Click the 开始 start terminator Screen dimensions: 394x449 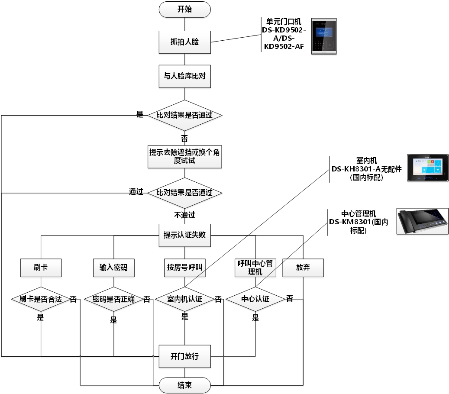[x=184, y=9]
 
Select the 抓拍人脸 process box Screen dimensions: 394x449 [x=184, y=42]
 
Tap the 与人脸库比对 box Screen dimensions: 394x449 [x=184, y=76]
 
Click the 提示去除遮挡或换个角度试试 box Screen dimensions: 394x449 [x=184, y=156]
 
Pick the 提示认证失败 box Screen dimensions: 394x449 [x=184, y=236]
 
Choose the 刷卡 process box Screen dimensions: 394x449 [x=41, y=268]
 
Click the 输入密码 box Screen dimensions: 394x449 [x=113, y=268]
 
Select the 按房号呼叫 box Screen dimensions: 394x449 [x=184, y=268]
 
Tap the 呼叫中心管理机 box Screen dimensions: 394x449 [x=255, y=268]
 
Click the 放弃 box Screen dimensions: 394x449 [x=303, y=268]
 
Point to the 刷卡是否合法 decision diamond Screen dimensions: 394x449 [x=41, y=299]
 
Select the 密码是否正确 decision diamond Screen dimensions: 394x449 [x=113, y=299]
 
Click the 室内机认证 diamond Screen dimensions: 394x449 [x=184, y=299]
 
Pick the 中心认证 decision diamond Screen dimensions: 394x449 [x=255, y=299]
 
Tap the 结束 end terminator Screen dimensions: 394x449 [x=184, y=385]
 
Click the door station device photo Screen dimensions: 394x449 [x=324, y=36]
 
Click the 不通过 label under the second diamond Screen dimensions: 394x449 [x=184, y=215]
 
